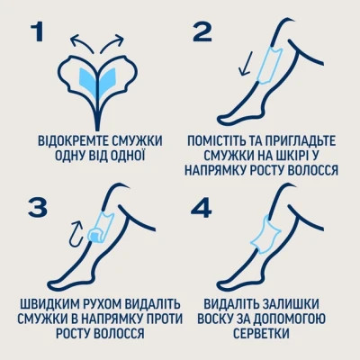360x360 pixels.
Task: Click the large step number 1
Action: (38, 33)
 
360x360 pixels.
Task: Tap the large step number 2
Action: (202, 33)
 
